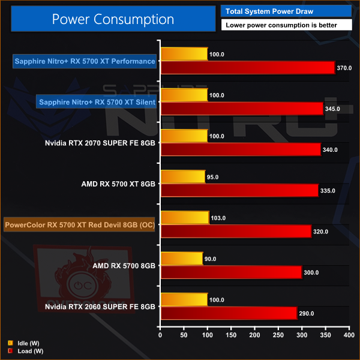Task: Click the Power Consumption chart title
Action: tap(113, 19)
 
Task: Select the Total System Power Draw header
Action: tap(287, 11)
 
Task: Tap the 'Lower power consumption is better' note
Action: tap(287, 25)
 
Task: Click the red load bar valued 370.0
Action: tap(247, 68)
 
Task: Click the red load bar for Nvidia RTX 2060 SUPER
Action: tap(227, 313)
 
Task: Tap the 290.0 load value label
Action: tap(307, 313)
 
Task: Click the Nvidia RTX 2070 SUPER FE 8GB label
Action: tap(100, 143)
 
